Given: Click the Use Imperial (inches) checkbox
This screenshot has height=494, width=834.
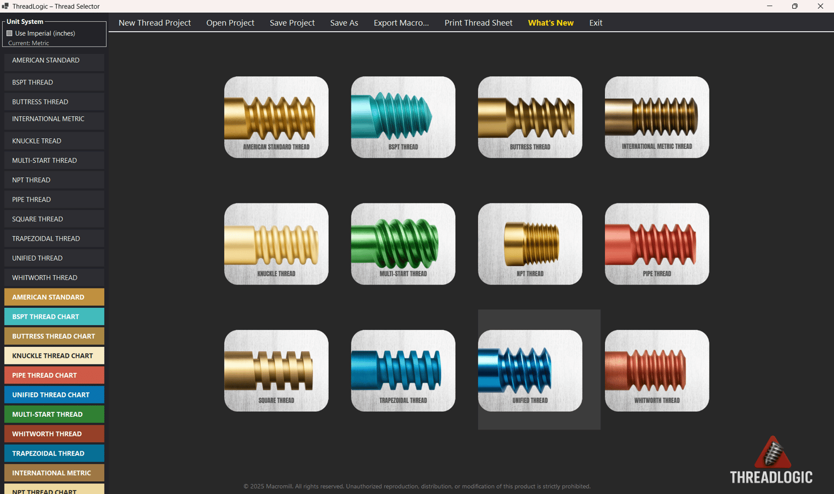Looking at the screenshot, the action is pos(9,33).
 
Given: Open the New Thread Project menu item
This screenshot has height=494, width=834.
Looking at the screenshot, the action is pos(155,23).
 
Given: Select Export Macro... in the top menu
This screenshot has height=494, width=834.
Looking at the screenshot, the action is pos(401,23).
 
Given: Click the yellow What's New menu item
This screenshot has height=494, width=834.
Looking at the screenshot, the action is pos(550,23).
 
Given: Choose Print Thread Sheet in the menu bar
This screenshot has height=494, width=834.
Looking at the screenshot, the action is pos(478,23).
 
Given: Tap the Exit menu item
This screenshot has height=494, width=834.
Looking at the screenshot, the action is pos(595,23).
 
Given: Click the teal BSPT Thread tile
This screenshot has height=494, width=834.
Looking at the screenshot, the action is pos(403,117).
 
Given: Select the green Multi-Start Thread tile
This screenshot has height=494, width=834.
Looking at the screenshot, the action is pos(403,244).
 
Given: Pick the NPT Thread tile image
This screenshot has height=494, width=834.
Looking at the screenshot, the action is pos(530,244).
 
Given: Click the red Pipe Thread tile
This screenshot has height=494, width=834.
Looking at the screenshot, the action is pos(657,244).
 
